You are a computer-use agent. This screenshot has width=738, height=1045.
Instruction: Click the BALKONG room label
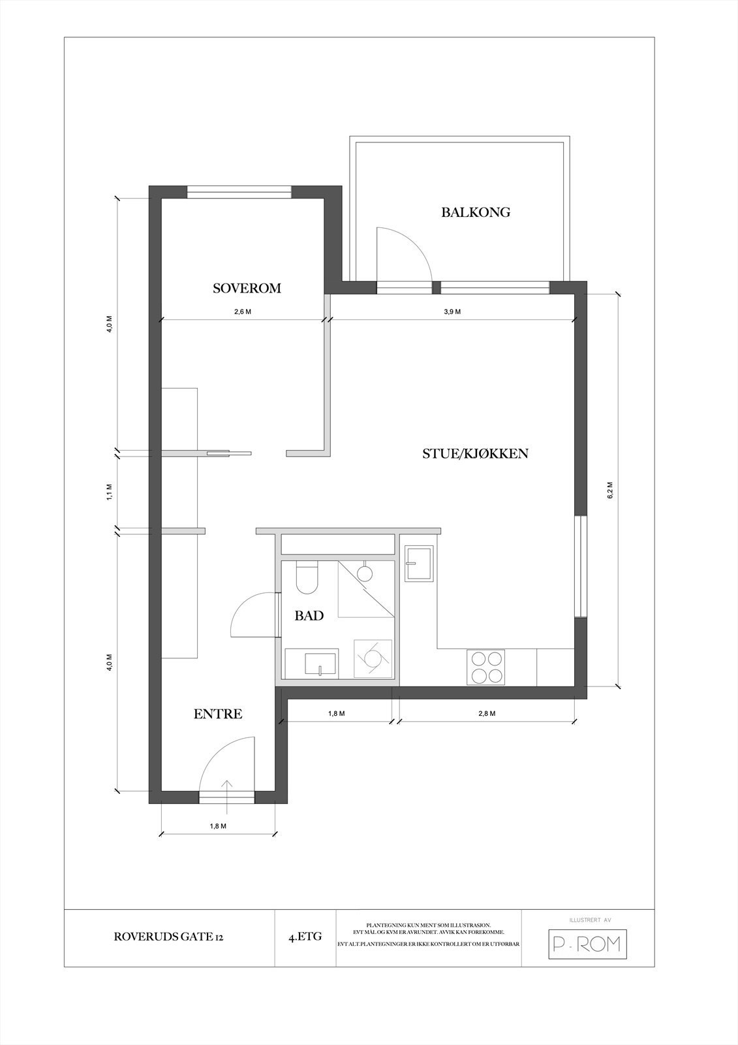click(x=475, y=212)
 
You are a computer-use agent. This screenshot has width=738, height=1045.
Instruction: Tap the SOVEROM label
click(x=247, y=288)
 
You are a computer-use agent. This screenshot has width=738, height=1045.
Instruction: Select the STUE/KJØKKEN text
click(x=475, y=453)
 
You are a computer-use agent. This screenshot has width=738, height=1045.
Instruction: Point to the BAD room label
click(x=309, y=615)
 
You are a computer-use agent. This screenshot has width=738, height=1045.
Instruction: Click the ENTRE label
click(x=218, y=714)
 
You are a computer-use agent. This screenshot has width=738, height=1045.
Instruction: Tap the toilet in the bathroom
click(x=306, y=577)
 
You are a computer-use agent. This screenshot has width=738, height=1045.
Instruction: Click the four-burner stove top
click(x=486, y=667)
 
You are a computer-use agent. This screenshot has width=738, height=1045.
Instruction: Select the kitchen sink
click(x=418, y=564)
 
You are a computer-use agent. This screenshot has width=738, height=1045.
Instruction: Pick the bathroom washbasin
click(x=320, y=663)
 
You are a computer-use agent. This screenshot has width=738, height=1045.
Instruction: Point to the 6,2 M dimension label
click(x=610, y=490)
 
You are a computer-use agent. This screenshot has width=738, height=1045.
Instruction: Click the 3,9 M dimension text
click(x=452, y=312)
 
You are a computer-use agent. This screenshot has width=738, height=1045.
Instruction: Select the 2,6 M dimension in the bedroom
click(x=243, y=312)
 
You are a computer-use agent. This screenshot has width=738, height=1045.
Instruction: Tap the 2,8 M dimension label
click(x=487, y=713)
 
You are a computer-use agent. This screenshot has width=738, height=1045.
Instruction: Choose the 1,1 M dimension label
click(x=110, y=491)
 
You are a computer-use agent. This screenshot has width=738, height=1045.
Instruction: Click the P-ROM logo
click(x=587, y=944)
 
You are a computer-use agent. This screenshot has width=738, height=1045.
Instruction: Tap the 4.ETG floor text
click(x=305, y=937)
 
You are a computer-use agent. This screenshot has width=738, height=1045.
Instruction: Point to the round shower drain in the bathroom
click(x=365, y=573)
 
